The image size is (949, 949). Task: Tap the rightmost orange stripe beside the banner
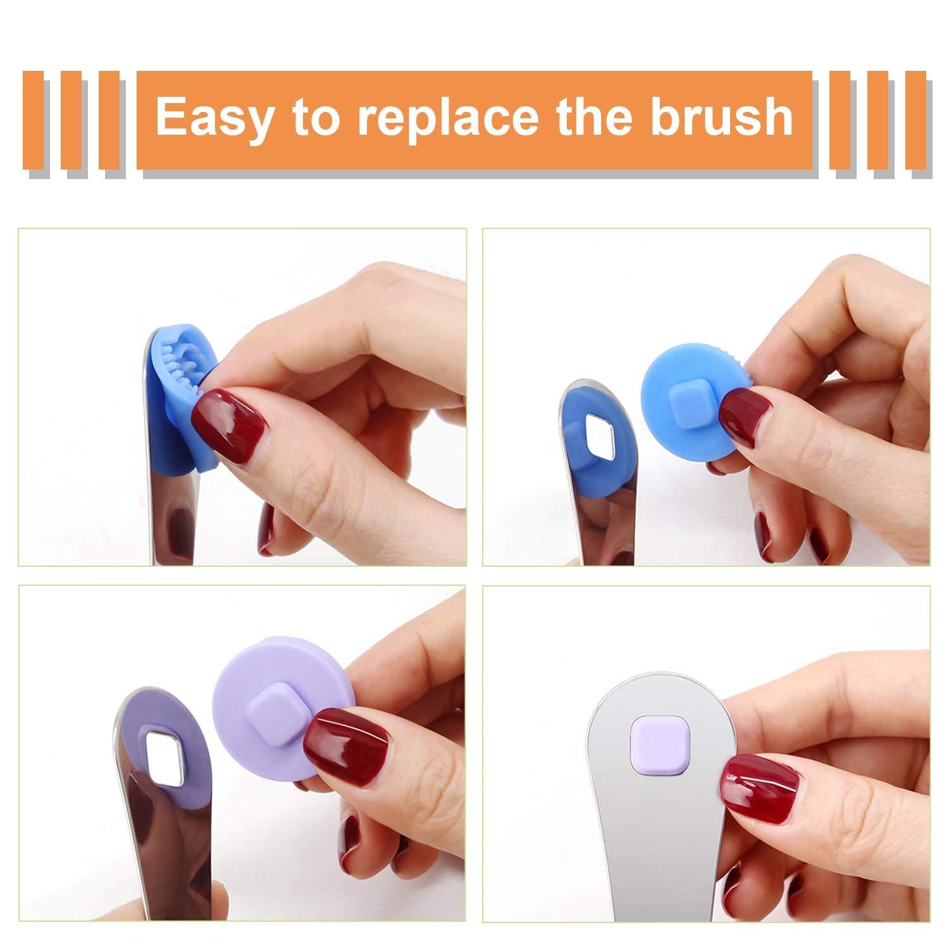915,120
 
